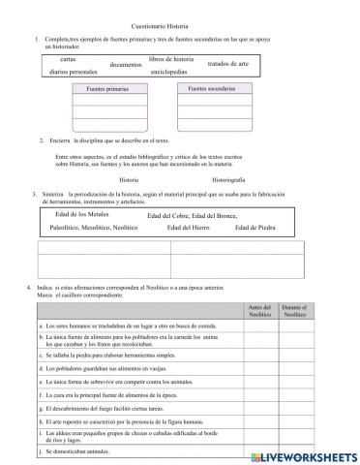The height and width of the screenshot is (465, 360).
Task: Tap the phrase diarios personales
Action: click(73, 72)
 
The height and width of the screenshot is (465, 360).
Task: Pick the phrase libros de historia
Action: click(178, 59)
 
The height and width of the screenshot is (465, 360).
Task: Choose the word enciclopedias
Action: click(175, 72)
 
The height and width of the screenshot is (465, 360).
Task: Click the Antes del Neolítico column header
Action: click(260, 311)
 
